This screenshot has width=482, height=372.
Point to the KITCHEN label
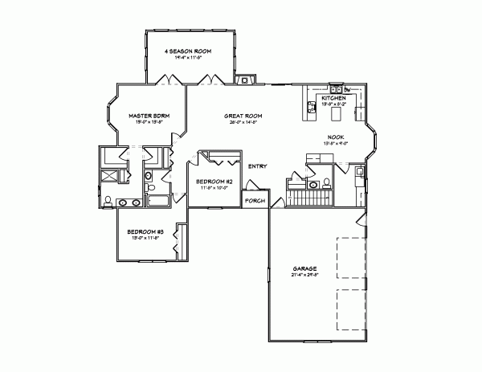point(334,97)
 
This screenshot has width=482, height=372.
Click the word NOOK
point(336,137)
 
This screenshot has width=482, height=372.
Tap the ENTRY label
point(257,166)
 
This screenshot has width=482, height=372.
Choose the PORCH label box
point(255,200)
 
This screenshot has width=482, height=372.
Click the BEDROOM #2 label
point(214,182)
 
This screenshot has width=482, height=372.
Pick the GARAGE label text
point(304,268)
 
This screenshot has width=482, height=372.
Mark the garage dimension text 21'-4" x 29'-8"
point(304,275)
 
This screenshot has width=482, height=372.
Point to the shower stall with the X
point(108,176)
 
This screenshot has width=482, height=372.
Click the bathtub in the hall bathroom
point(159,201)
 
